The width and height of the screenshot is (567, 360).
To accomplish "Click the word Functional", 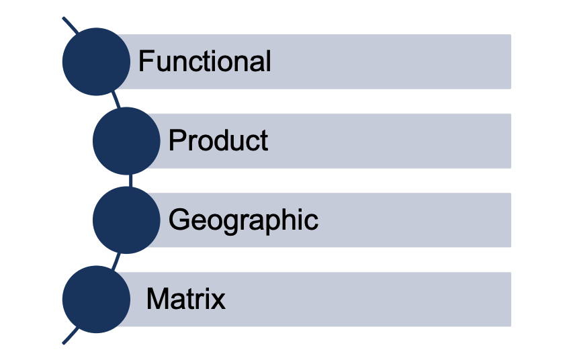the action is (x=204, y=62).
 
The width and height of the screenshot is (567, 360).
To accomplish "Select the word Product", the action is (x=218, y=141).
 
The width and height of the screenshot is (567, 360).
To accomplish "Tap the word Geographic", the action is (x=243, y=220).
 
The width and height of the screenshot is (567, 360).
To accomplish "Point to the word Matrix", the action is (x=185, y=299).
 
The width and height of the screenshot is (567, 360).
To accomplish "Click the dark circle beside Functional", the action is (x=96, y=62).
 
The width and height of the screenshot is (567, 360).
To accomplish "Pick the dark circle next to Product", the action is (x=126, y=141).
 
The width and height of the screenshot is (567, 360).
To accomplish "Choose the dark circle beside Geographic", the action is (x=126, y=220).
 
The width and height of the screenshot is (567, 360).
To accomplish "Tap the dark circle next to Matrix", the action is (x=96, y=299).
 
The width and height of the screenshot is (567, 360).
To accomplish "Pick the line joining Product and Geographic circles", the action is (x=128, y=181).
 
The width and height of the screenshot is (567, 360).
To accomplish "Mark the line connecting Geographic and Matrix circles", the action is (x=115, y=260).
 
